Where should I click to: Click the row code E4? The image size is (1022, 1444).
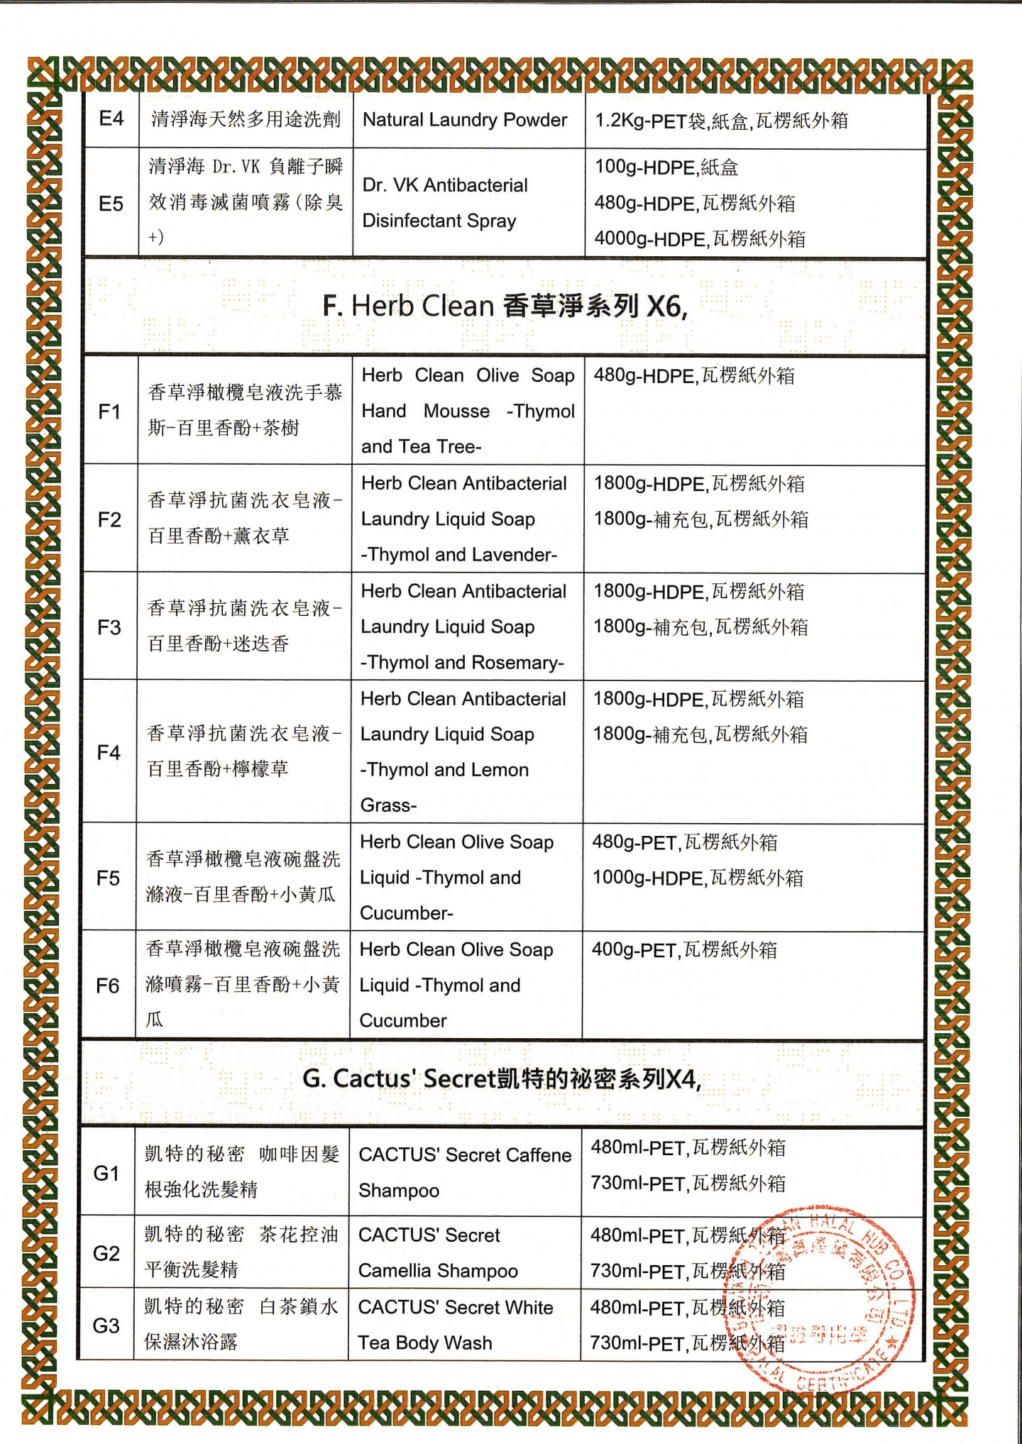click(x=111, y=119)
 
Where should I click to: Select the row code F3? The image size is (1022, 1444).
click(x=109, y=627)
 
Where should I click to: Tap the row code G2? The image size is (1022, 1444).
click(x=106, y=1253)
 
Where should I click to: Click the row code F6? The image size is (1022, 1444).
click(x=108, y=986)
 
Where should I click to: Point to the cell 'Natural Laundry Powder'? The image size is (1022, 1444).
click(x=465, y=120)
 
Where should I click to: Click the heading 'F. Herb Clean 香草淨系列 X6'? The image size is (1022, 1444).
click(x=505, y=306)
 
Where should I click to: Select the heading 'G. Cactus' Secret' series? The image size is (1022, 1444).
click(x=501, y=1079)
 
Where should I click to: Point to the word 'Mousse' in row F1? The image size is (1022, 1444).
click(x=456, y=412)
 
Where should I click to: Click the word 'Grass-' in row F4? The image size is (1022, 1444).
click(x=388, y=805)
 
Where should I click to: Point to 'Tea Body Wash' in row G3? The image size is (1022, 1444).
click(x=424, y=1343)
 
